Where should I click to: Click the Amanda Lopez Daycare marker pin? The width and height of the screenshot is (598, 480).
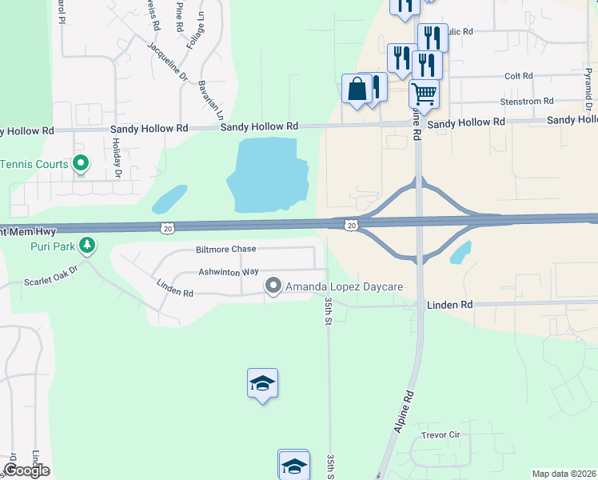click(273, 286)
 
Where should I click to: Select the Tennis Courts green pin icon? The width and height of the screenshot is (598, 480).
click(80, 164)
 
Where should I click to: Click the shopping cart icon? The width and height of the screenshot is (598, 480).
click(424, 93)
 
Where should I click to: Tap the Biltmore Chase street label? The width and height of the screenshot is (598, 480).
click(226, 250)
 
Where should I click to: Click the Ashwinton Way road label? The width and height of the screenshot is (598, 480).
click(229, 272)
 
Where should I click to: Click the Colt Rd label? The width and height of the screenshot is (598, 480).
click(518, 76)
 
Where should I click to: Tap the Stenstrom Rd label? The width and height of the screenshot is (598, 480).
click(526, 102)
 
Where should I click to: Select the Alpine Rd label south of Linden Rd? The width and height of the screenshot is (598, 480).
click(405, 411)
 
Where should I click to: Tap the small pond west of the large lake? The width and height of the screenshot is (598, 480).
click(169, 198)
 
